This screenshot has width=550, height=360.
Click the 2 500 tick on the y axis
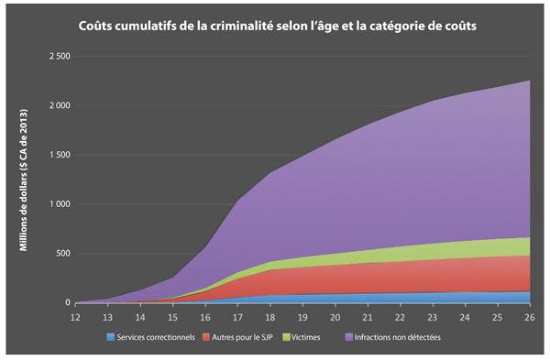click(x=60, y=57)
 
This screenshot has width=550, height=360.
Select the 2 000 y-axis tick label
click(x=60, y=106)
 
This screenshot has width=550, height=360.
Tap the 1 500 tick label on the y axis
click(x=60, y=155)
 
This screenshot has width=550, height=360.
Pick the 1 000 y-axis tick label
click(x=60, y=204)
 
